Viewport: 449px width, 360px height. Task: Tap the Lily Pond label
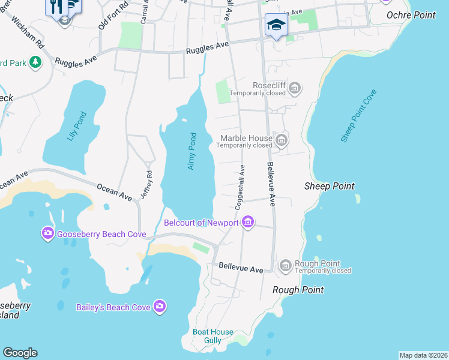(77, 126)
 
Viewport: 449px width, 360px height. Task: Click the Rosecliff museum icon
(294, 89)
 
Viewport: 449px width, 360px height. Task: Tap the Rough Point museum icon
(286, 265)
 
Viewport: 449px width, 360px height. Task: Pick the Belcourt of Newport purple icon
(247, 223)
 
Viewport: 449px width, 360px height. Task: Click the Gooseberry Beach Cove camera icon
(48, 233)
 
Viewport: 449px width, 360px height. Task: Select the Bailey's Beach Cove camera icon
(159, 307)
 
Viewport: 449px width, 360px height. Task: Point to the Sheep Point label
(329, 187)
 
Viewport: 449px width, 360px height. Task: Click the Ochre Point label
(411, 15)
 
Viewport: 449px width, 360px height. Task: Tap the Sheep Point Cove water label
(358, 116)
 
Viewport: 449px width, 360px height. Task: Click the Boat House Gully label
(207, 336)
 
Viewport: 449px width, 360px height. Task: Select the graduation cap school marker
(276, 25)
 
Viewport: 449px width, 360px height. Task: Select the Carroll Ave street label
(144, 11)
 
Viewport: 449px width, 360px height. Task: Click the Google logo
(20, 353)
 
